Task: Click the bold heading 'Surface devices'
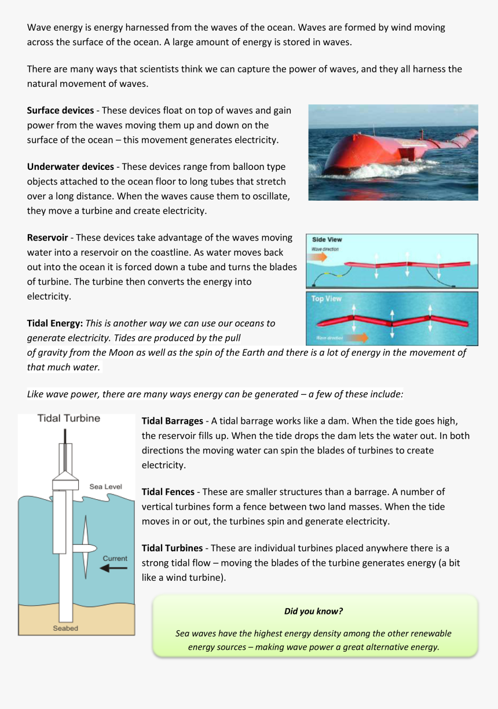coord(60,110)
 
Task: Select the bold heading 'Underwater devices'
coord(67,166)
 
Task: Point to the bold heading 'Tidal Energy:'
coord(55,323)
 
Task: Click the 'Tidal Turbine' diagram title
coord(68,418)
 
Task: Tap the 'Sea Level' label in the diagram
coord(105,486)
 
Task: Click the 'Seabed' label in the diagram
coord(65,628)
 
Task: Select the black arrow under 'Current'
coord(113,569)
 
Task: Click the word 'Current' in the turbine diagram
coord(115,558)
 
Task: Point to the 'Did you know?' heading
coord(313,611)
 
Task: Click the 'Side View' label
coord(327,239)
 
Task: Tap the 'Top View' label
coord(327,299)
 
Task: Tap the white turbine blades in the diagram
coord(85,548)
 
